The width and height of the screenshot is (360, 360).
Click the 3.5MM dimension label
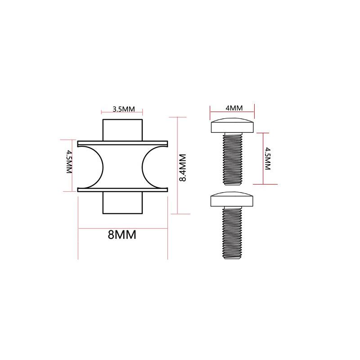tap(123, 109)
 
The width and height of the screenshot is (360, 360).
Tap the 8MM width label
tap(122, 234)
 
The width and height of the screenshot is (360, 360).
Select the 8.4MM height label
tap(183, 167)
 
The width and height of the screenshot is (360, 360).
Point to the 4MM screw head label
tap(234, 108)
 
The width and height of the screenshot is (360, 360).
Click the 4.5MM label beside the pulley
tap(69, 162)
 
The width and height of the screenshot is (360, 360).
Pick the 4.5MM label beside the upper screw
tap(268, 159)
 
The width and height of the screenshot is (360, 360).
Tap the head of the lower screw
tap(232, 199)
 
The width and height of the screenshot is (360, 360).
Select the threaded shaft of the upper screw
tap(233, 159)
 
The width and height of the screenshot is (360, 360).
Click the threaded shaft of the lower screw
tap(232, 233)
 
